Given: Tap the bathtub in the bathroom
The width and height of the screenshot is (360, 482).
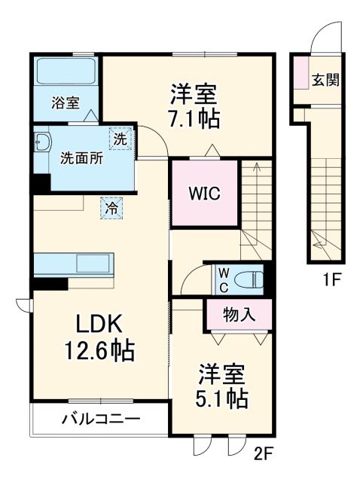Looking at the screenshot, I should coord(65,73).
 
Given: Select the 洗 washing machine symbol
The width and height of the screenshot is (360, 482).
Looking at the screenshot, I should coord(121,138).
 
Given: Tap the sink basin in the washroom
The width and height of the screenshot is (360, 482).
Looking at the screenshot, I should coord(42,142).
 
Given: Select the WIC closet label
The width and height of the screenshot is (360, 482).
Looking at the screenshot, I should coord(203,193).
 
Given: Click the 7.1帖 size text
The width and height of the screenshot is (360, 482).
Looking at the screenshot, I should coord(194,118).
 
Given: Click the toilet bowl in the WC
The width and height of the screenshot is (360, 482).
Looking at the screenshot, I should coord(248,279).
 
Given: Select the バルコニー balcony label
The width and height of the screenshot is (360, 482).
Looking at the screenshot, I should coord(100,419).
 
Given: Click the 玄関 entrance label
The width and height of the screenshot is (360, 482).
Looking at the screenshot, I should coord(325,78).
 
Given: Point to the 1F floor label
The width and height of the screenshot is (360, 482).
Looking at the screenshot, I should coord(333,280).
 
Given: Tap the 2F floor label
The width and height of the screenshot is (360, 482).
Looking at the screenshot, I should coord(261,454).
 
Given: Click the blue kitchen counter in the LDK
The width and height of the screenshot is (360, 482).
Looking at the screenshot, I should coord(74,266).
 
